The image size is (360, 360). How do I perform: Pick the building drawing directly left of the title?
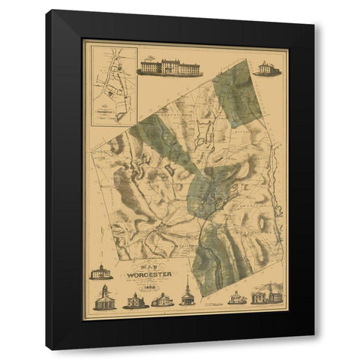101,271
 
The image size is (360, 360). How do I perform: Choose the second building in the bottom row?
135,301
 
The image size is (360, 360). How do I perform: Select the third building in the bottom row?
162,301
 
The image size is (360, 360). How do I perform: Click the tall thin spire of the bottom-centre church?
187,283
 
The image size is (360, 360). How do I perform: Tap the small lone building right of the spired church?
237,297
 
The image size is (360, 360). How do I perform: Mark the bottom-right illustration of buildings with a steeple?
267,294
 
